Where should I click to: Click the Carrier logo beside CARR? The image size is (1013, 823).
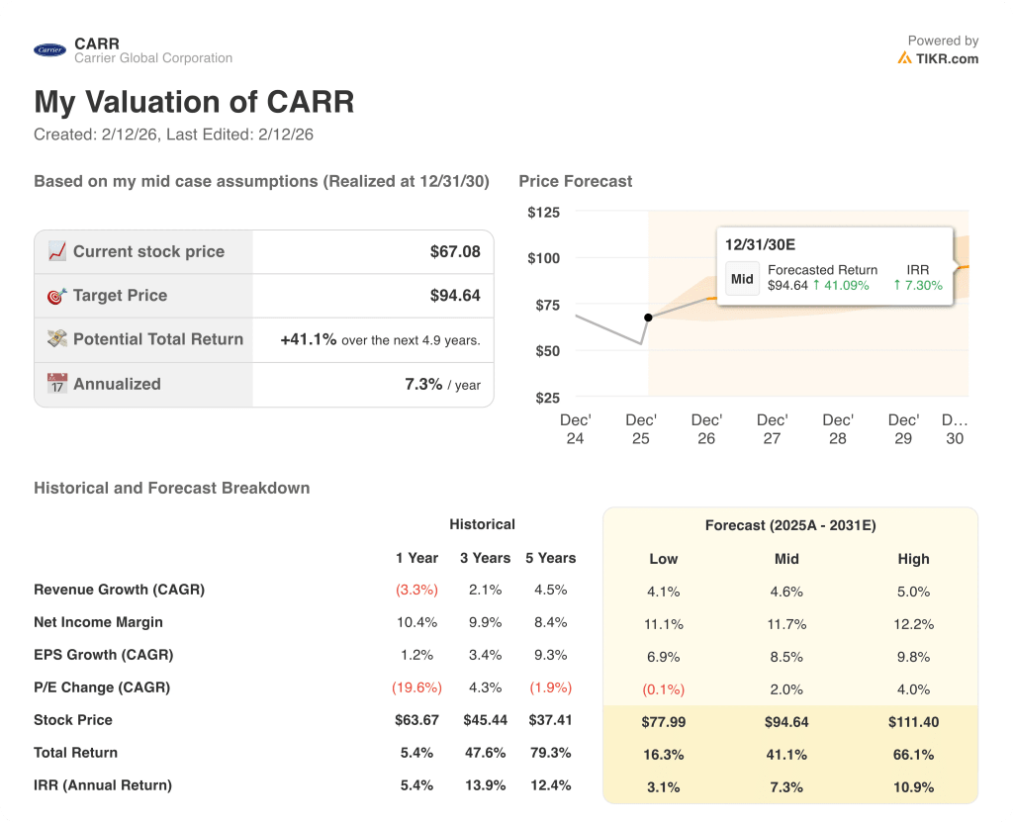click(49, 50)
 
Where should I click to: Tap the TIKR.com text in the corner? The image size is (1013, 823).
click(947, 58)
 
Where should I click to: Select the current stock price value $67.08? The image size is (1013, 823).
click(455, 252)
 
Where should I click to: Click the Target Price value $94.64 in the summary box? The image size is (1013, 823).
click(455, 296)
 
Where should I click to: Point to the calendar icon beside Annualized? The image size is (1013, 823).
click(57, 384)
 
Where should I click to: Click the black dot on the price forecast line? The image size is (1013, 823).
click(648, 318)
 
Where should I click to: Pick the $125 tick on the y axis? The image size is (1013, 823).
click(543, 213)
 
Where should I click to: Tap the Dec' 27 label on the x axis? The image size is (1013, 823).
click(772, 429)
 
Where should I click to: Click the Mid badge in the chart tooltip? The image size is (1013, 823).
click(742, 279)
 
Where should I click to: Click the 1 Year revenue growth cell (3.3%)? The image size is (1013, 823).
click(416, 590)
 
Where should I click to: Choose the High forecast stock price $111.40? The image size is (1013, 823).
click(913, 722)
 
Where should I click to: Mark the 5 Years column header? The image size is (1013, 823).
click(550, 558)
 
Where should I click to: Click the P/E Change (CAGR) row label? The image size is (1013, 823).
click(102, 687)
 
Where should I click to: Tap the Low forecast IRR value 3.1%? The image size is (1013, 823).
click(663, 787)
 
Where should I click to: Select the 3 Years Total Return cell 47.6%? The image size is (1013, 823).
click(484, 753)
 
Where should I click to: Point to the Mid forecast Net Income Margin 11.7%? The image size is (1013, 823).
click(786, 624)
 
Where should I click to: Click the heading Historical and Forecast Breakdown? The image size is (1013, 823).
click(172, 488)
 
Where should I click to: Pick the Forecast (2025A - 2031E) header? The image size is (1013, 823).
click(789, 525)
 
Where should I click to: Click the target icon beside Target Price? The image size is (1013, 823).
click(57, 296)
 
